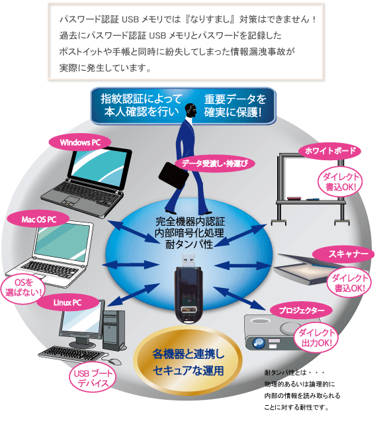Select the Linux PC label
pos(67,303)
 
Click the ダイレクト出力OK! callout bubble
pos(316,338)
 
